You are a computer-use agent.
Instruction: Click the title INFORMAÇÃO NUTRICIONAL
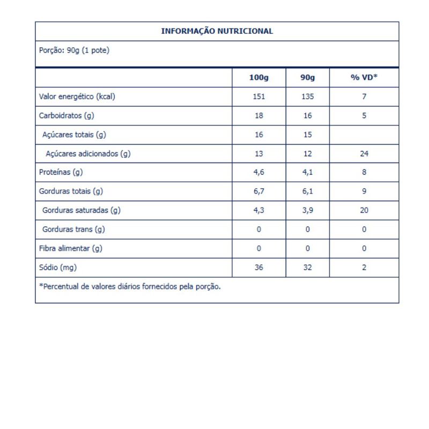pyautogui.click(x=217, y=31)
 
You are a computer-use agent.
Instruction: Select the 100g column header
pyautogui.click(x=258, y=78)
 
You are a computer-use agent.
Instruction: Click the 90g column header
pyautogui.click(x=307, y=78)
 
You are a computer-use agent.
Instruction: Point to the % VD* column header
pyautogui.click(x=364, y=78)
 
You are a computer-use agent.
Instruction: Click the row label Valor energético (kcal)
pyautogui.click(x=77, y=97)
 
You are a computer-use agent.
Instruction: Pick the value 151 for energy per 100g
pyautogui.click(x=258, y=97)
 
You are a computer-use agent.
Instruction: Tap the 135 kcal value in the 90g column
pyautogui.click(x=307, y=97)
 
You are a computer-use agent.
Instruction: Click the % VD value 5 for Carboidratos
pyautogui.click(x=364, y=115)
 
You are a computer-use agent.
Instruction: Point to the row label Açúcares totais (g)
pyautogui.click(x=75, y=135)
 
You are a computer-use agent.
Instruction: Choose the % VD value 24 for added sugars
pyautogui.click(x=364, y=154)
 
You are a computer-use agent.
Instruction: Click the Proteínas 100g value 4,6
pyautogui.click(x=258, y=173)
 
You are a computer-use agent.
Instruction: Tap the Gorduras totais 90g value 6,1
pyautogui.click(x=307, y=191)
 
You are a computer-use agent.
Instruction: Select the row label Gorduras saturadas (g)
pyautogui.click(x=82, y=210)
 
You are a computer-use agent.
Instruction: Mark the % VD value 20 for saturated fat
pyautogui.click(x=364, y=210)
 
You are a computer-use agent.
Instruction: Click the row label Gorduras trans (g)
pyautogui.click(x=73, y=230)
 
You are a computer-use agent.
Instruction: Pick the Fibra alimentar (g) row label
pyautogui.click(x=70, y=248)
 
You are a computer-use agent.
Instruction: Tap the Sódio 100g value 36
pyautogui.click(x=258, y=267)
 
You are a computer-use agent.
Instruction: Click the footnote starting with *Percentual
pyautogui.click(x=130, y=286)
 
